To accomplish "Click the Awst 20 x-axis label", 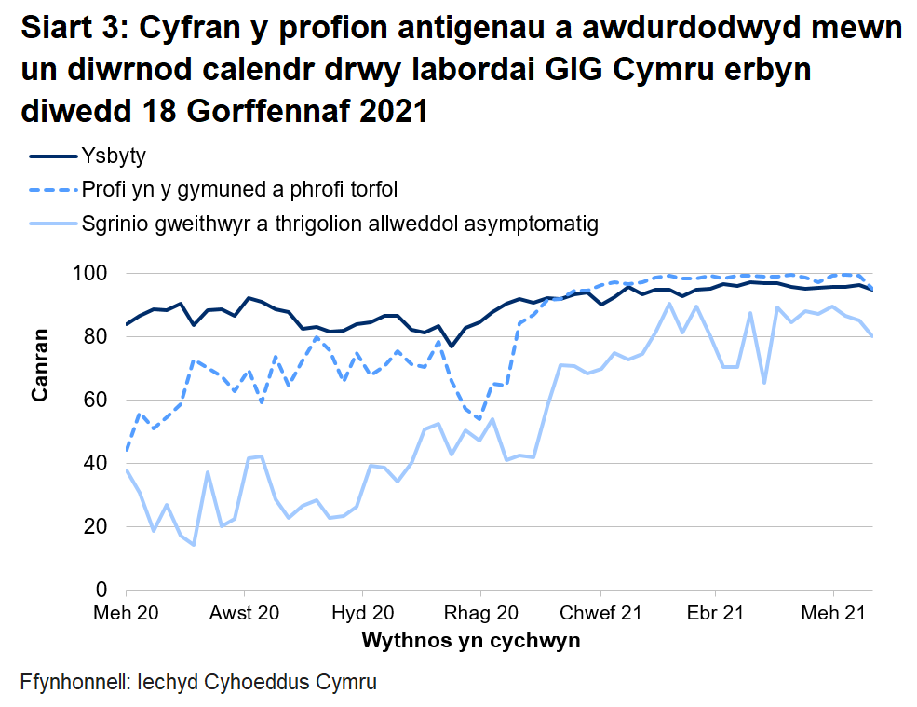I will (244, 614).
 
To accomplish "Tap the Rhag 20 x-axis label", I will (480, 614).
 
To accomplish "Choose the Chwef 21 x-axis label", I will (601, 614).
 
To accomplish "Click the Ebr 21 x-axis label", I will (715, 614).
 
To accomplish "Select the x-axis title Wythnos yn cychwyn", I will (470, 641).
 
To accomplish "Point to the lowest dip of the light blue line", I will (194, 545).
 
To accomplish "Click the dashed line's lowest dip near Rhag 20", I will (479, 419).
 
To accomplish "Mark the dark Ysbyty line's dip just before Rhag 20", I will (452, 347).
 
